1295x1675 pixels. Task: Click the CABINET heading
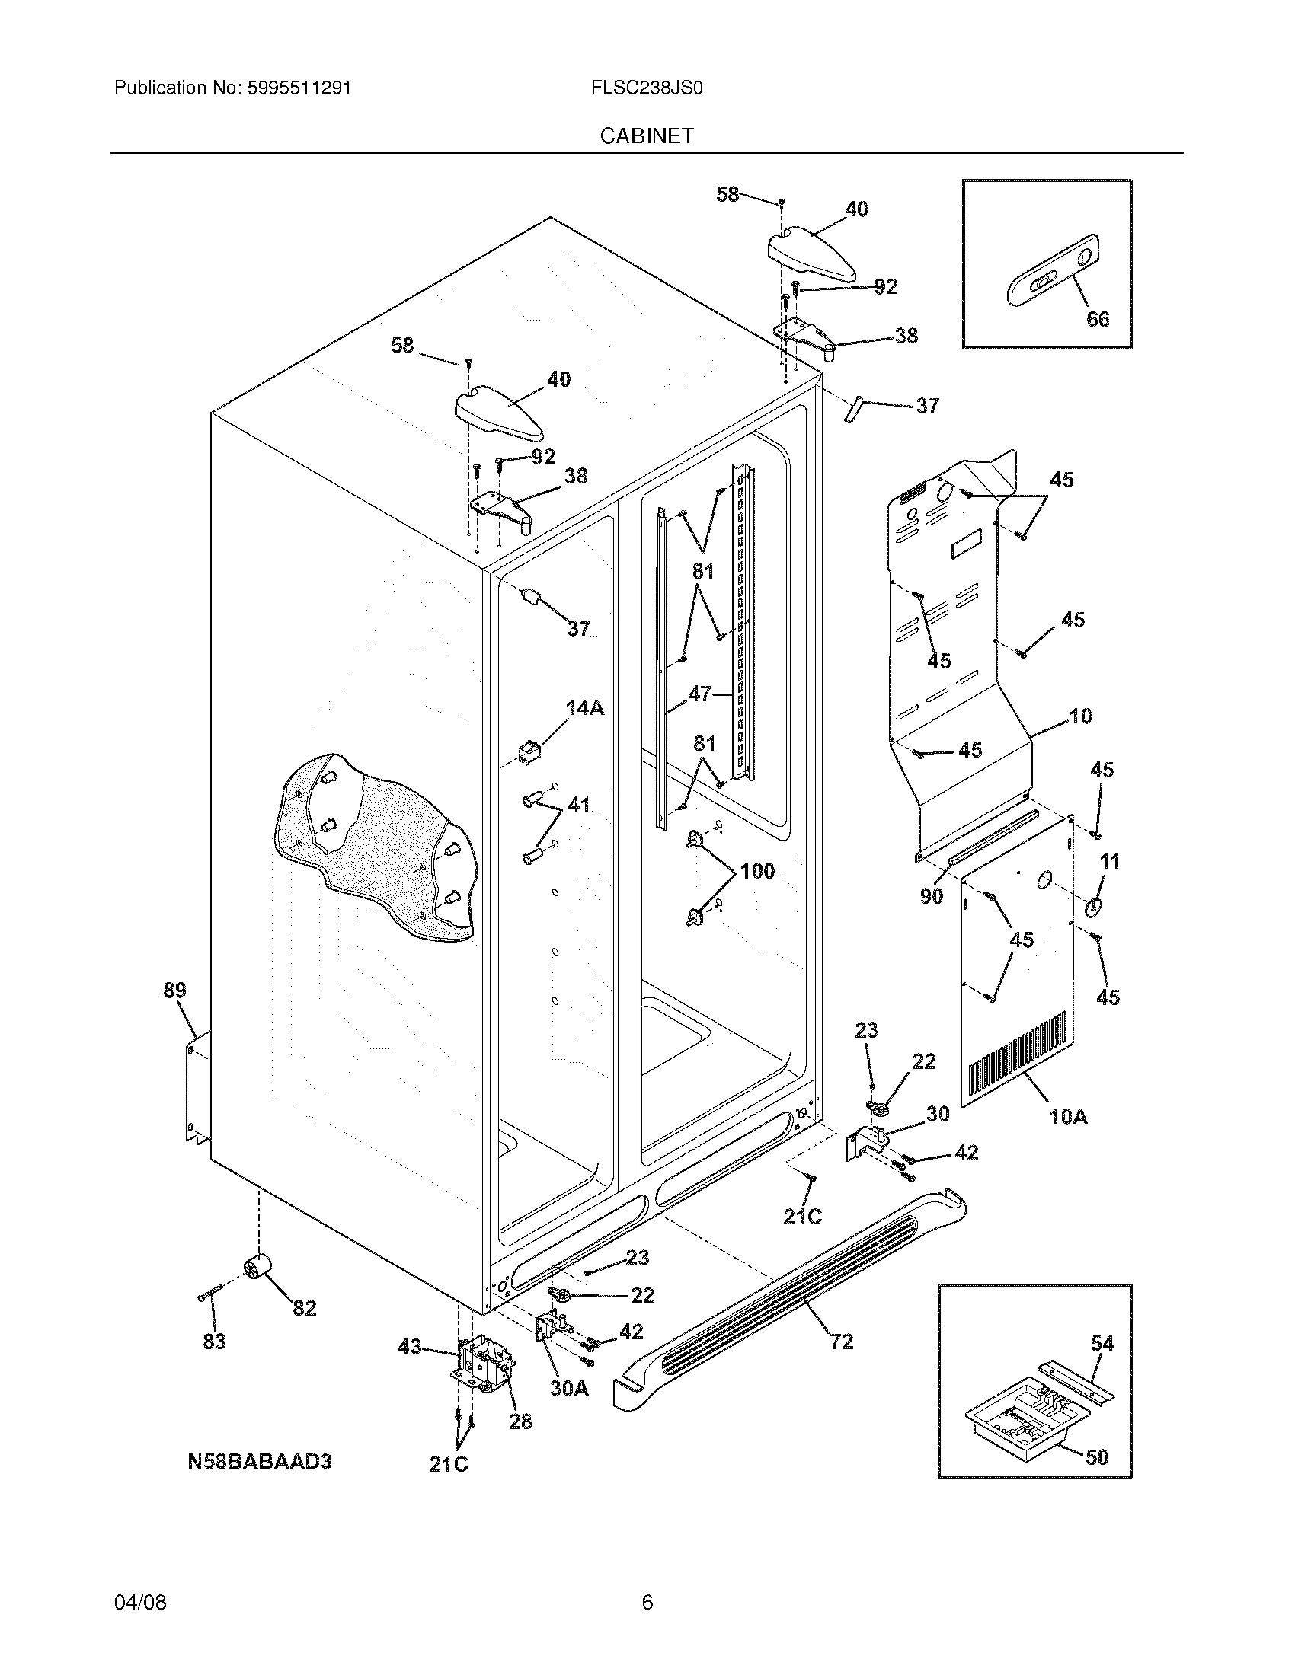[x=646, y=136]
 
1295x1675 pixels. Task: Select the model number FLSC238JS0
[x=647, y=88]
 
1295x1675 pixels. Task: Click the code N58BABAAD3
[x=259, y=1461]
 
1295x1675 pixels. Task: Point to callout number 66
[x=1098, y=319]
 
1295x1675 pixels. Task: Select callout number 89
[x=174, y=990]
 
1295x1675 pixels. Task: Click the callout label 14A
[x=584, y=708]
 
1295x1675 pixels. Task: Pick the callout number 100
[x=757, y=871]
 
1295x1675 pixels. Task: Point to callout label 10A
[x=1069, y=1117]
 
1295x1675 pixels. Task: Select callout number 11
[x=1109, y=862]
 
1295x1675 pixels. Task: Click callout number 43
[x=410, y=1346]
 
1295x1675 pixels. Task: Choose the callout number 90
[x=932, y=896]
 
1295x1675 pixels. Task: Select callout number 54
[x=1102, y=1343]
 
